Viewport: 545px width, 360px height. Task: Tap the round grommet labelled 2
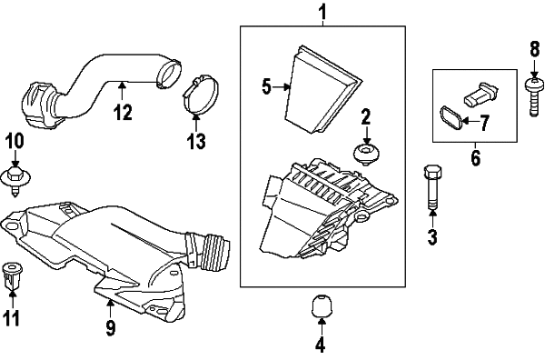pos(366,154)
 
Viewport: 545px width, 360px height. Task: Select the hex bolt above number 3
pos(432,187)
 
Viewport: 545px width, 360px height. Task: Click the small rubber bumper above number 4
pos(322,306)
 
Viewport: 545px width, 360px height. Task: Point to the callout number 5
pos(266,86)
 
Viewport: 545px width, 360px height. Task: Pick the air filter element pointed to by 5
pos(322,89)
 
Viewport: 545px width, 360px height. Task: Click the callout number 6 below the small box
pos(475,158)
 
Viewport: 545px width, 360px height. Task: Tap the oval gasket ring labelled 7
pos(451,119)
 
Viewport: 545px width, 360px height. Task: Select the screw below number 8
pos(534,97)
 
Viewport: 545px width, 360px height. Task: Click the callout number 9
pos(110,327)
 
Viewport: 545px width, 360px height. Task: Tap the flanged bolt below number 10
pos(15,179)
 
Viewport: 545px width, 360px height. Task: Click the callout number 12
pos(124,113)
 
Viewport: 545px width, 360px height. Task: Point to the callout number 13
pos(195,141)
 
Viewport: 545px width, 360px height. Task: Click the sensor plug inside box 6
pos(481,94)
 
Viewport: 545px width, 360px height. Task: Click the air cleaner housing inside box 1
pos(328,208)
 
